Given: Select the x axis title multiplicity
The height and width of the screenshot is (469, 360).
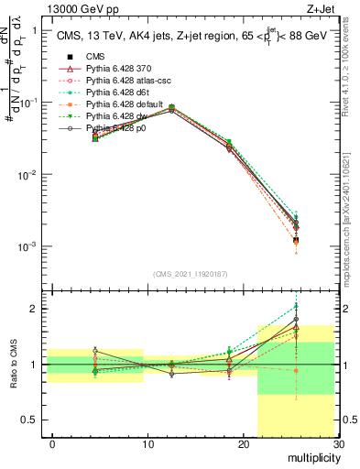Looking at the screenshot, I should [311, 457].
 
